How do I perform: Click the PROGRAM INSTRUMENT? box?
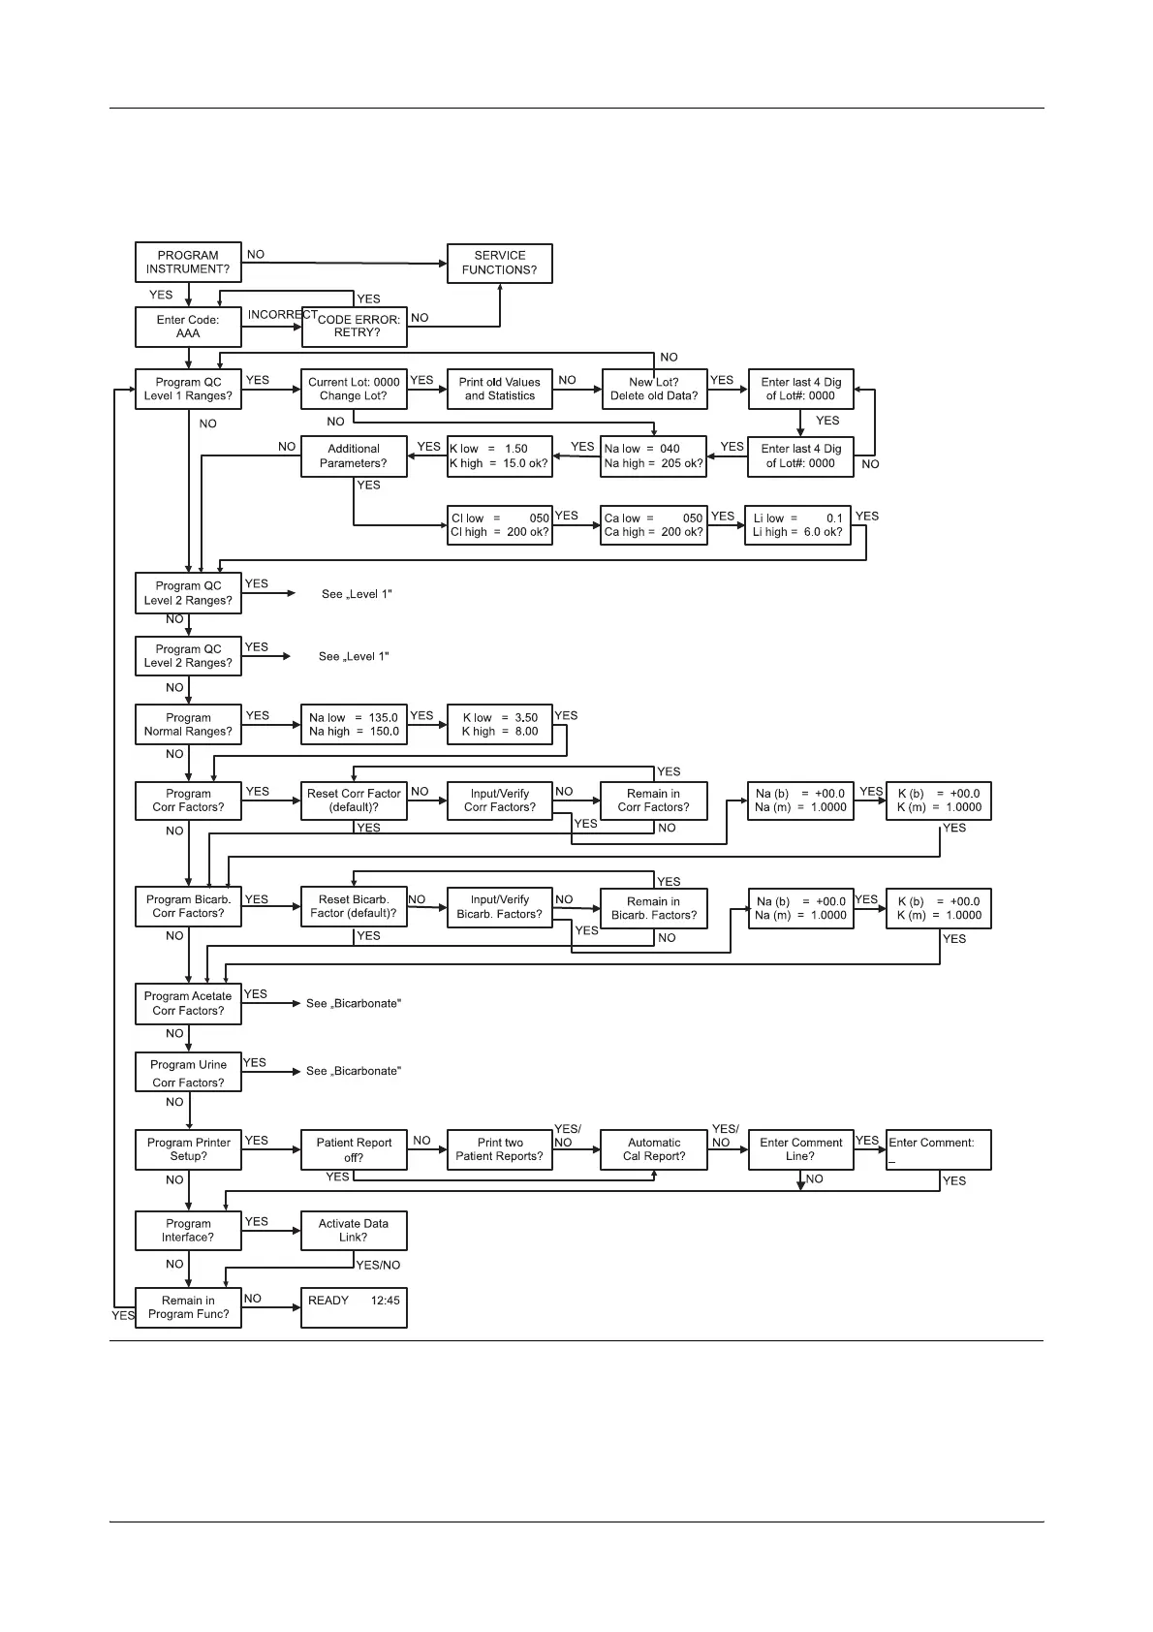point(188,263)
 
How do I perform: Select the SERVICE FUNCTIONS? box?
point(499,264)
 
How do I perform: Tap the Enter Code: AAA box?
point(188,327)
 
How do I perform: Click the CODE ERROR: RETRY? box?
point(355,327)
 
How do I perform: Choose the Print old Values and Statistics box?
point(499,389)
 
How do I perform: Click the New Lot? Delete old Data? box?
point(654,389)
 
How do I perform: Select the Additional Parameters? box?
point(354,456)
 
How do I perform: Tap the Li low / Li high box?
point(797,525)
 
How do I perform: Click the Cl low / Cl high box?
point(499,525)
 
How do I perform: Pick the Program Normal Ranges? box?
point(188,725)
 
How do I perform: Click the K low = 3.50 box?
point(499,725)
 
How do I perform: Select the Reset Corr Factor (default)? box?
point(354,800)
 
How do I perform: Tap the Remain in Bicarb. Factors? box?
point(654,908)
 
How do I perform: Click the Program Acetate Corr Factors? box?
point(188,1003)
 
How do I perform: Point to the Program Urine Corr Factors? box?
point(188,1073)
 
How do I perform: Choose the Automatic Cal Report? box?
point(654,1149)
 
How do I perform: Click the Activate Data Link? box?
point(354,1231)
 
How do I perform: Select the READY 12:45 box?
point(354,1307)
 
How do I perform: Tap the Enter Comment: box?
point(938,1149)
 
